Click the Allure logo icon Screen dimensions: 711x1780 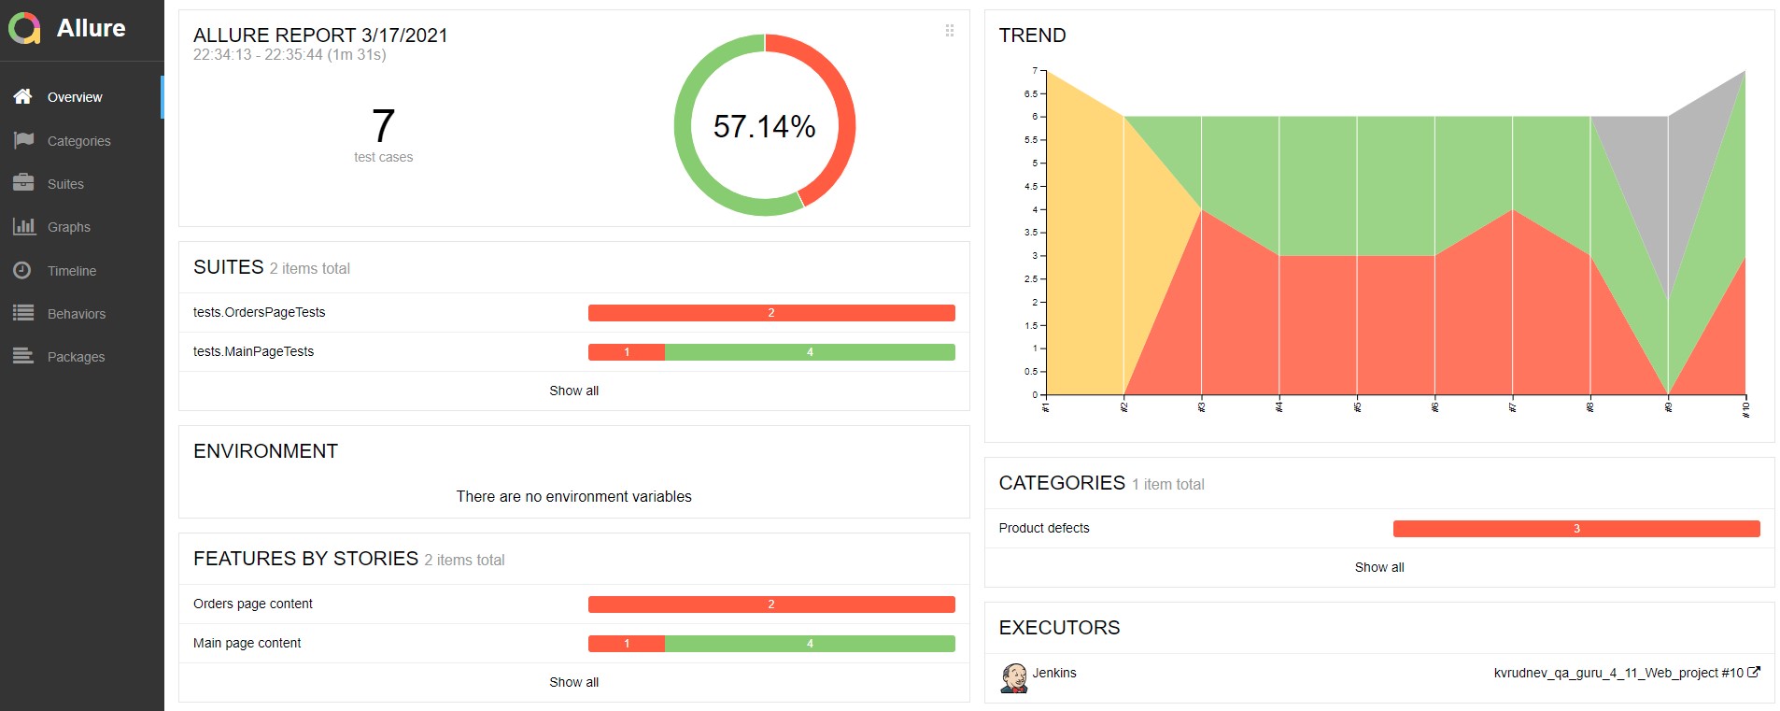coord(24,29)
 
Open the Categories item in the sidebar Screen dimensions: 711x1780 coord(78,141)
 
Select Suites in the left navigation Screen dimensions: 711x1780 coord(65,184)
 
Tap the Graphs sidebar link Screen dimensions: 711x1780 coord(69,227)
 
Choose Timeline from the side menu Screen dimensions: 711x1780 coord(72,271)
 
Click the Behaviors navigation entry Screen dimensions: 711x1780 coord(77,314)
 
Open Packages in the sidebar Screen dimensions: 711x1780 coord(76,357)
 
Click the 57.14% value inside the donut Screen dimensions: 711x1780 coord(764,126)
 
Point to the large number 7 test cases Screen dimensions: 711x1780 coord(383,126)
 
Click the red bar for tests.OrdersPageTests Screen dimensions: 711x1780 coord(771,313)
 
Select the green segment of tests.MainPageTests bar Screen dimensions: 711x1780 coord(810,352)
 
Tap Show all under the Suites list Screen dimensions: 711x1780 coord(573,391)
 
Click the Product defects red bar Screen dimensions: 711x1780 coord(1576,529)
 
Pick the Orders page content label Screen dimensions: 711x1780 coord(253,604)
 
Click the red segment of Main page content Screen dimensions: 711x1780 coord(626,644)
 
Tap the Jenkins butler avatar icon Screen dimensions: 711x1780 coord(1013,678)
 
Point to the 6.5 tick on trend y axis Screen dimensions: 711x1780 coord(1031,93)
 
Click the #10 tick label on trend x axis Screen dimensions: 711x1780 coord(1745,409)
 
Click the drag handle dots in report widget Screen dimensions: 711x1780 coord(950,30)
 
